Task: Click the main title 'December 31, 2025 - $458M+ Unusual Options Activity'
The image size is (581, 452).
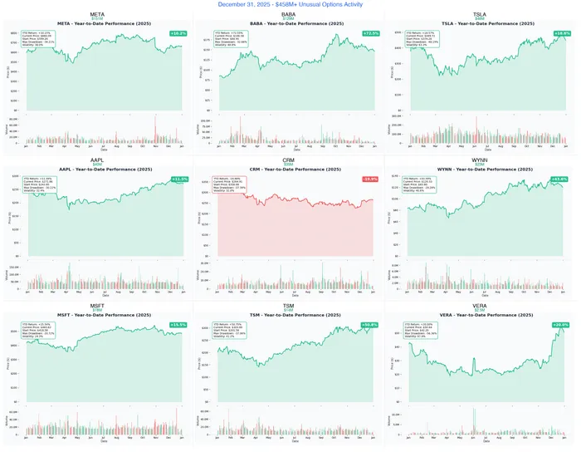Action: click(290, 4)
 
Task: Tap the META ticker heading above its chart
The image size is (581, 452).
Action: click(98, 15)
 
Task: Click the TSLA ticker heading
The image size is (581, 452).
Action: click(480, 15)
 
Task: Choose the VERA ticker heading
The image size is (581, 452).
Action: click(480, 303)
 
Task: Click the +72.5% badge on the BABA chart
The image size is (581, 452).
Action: click(370, 34)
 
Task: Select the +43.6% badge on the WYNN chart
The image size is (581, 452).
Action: click(560, 179)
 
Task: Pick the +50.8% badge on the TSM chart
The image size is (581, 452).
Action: click(370, 324)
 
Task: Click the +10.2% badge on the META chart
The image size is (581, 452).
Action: click(178, 34)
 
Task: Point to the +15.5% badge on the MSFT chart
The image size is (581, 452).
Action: click(178, 324)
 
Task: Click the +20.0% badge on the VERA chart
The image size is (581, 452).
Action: click(560, 324)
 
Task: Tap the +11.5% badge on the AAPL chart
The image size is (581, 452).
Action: click(178, 179)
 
